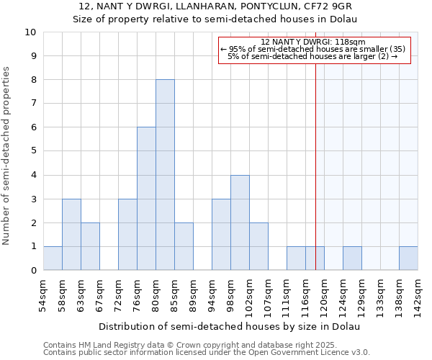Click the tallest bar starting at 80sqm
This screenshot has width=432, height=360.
(x=165, y=175)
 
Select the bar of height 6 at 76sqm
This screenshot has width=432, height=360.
(x=146, y=199)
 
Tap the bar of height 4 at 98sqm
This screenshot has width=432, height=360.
(x=240, y=222)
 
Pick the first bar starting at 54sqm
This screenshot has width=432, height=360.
(x=53, y=258)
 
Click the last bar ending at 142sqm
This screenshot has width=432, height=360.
(x=408, y=258)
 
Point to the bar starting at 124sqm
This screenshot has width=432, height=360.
(x=352, y=258)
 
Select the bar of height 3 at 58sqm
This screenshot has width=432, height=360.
(x=71, y=235)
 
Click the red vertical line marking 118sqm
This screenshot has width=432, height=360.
(x=315, y=158)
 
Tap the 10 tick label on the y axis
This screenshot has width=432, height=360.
(x=30, y=32)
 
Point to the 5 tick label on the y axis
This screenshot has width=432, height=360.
(x=33, y=151)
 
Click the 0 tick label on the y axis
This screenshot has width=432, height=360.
(x=33, y=271)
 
